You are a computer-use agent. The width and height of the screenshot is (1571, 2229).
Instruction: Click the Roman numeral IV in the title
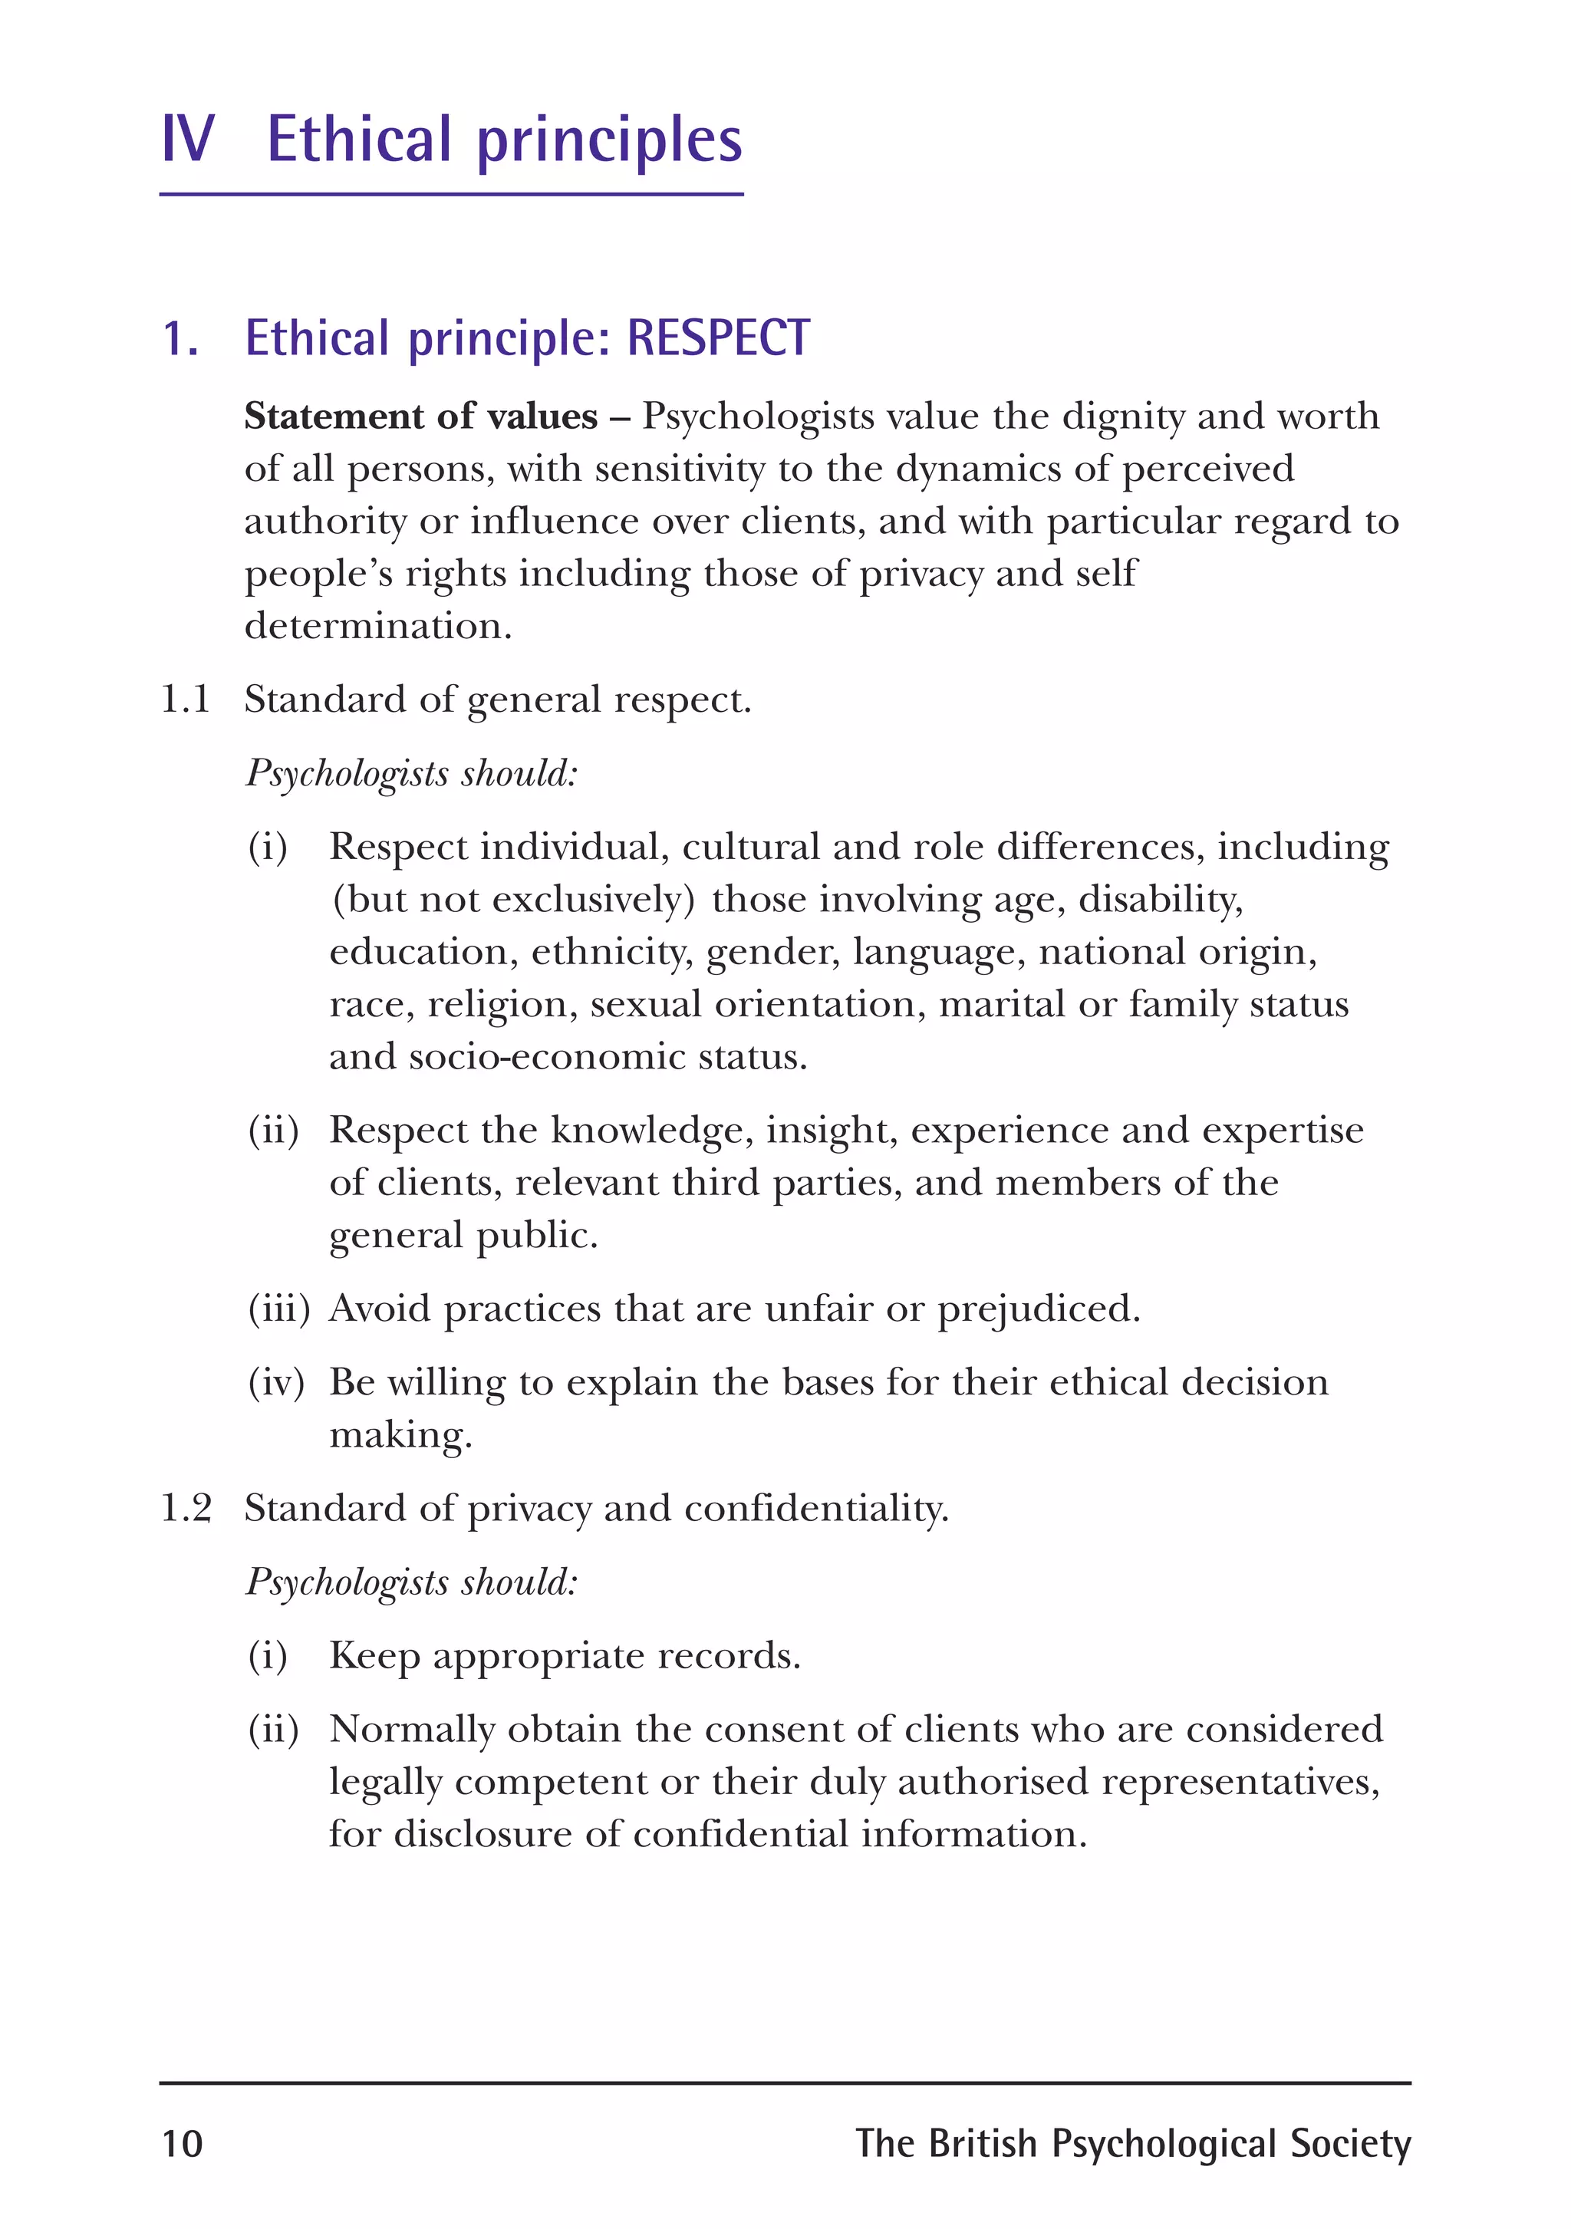[187, 139]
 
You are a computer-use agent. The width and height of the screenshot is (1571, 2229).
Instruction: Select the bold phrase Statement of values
[420, 416]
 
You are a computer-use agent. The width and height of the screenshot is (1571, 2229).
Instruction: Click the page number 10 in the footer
[182, 2144]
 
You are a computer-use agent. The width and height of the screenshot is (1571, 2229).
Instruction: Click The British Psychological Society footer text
[1132, 2144]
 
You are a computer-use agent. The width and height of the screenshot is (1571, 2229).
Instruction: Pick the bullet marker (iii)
[278, 1309]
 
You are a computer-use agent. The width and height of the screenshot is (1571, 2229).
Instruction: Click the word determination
[377, 626]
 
